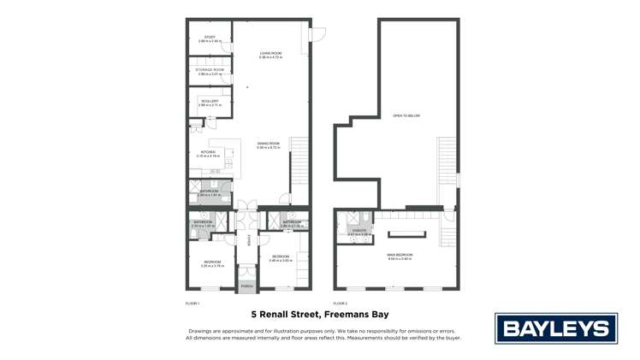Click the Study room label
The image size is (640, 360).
[210, 37]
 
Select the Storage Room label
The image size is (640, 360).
[210, 69]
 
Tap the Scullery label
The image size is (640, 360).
[210, 101]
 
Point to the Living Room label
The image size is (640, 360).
[270, 53]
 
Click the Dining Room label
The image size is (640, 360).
[269, 144]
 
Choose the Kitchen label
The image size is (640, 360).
[208, 152]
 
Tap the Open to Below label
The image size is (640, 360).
[406, 115]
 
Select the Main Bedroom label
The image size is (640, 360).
[400, 255]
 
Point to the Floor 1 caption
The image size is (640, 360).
[193, 304]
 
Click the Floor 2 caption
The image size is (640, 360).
[341, 304]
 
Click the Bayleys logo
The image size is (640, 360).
[556, 329]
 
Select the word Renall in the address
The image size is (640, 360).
[275, 315]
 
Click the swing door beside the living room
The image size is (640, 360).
[316, 34]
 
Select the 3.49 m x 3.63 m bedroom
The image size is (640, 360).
[281, 257]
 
